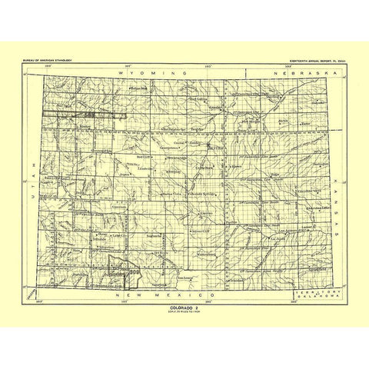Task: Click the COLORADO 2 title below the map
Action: (183, 306)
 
